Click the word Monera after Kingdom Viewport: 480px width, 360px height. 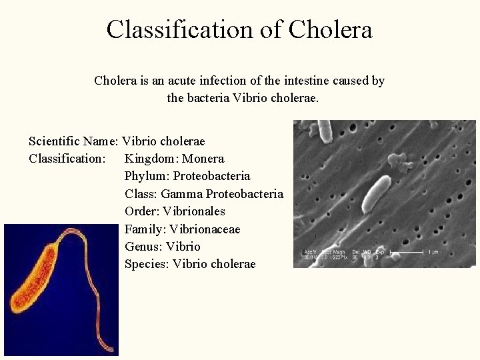point(203,159)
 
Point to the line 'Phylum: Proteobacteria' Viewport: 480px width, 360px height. point(187,176)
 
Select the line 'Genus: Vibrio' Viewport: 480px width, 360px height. point(162,246)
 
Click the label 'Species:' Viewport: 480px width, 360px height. point(147,264)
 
